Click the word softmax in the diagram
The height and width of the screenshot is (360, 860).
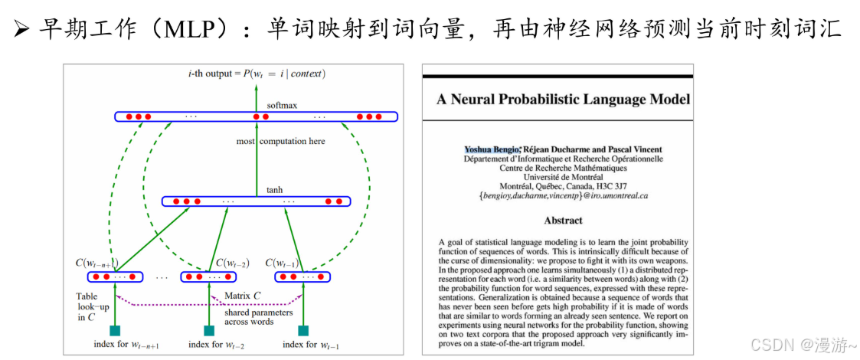tap(281, 105)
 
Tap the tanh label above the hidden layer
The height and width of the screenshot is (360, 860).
tap(274, 190)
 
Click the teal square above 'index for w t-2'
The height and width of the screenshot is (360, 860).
tap(208, 331)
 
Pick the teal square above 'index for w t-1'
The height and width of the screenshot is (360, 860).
tap(303, 331)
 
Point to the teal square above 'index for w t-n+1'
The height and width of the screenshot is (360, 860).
tap(114, 331)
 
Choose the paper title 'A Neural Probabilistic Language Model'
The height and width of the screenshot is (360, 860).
tap(563, 100)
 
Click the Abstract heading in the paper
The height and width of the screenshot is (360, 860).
tap(563, 221)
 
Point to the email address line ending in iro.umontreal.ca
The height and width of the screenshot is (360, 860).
tap(563, 196)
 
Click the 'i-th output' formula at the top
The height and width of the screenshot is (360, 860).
tap(257, 74)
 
